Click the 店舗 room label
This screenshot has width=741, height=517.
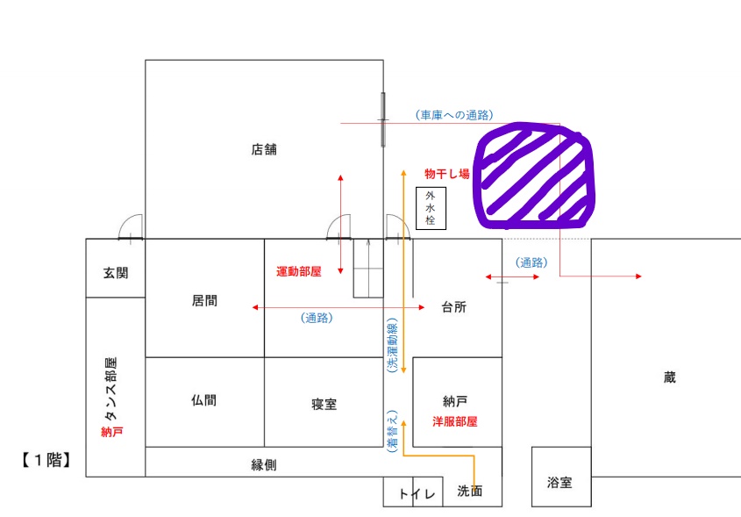point(264,149)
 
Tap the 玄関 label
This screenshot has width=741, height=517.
point(116,273)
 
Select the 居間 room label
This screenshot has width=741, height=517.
point(204,300)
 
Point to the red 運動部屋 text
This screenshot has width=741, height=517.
point(299,271)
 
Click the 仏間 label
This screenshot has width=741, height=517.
point(204,400)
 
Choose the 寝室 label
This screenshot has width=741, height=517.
point(324,404)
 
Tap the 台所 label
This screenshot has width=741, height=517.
point(453,307)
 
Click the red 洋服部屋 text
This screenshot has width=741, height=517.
point(454,421)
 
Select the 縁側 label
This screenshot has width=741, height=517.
point(264,465)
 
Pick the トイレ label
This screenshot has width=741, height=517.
point(417,494)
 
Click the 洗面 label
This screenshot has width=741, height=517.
point(470,491)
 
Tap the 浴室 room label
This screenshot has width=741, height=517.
point(559,483)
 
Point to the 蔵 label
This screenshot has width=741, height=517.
point(670,377)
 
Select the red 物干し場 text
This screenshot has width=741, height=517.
point(447,174)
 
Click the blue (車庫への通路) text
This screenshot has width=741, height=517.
point(454,115)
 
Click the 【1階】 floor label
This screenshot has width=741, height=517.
point(46,460)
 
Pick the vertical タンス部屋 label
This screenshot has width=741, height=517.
point(110,389)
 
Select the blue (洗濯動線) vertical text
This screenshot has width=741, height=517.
point(392,345)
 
